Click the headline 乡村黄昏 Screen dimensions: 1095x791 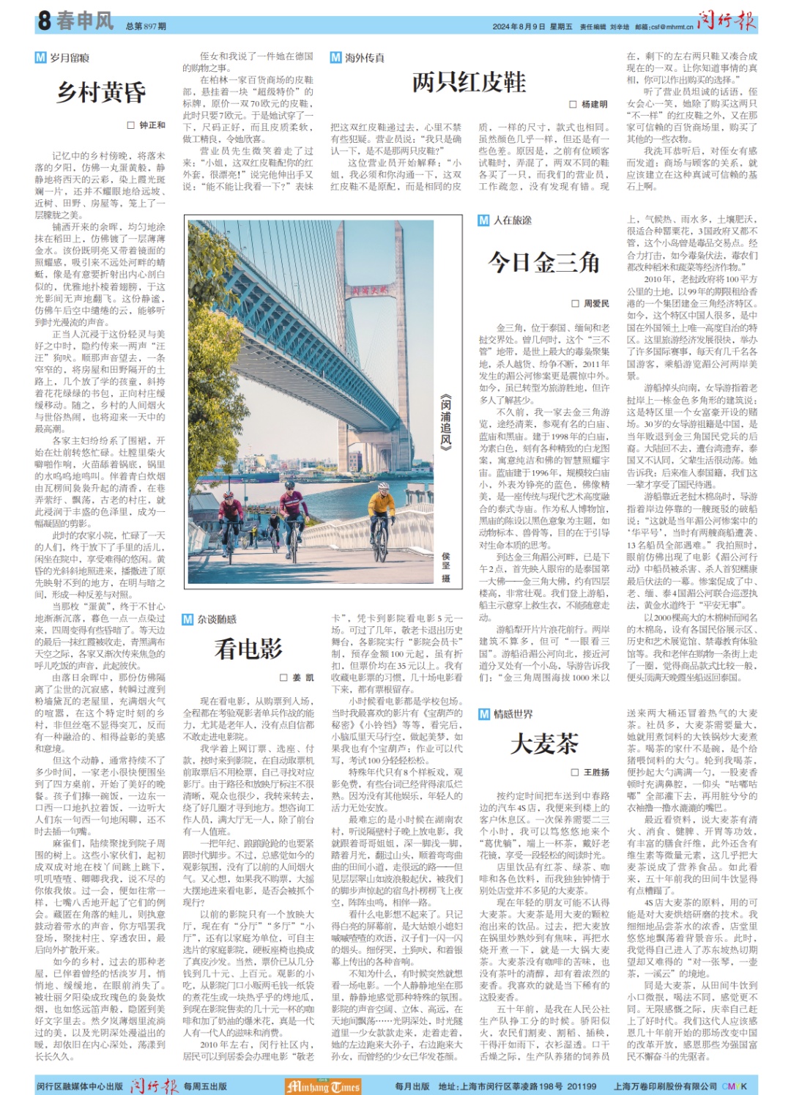tap(101, 92)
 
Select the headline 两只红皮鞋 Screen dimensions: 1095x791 tap(469, 82)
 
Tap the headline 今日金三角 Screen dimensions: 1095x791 tap(543, 262)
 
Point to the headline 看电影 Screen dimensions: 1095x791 tap(248, 648)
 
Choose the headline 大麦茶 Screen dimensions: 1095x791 tap(543, 743)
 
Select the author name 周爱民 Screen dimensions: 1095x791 tap(595, 303)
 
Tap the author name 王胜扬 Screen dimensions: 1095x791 tap(595, 773)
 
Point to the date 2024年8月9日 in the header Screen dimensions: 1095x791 tap(519, 27)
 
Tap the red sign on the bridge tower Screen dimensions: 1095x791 tap(368, 291)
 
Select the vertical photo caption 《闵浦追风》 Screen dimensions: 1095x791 tap(445, 421)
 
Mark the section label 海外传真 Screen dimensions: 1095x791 tap(364, 58)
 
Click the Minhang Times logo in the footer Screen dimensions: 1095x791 tap(323, 1086)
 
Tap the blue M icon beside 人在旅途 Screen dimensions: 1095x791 tap(483, 220)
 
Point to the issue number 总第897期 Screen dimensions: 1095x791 tap(146, 26)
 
